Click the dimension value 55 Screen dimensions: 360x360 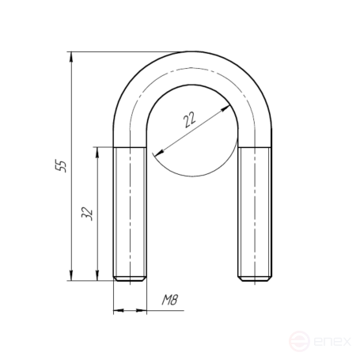click(x=61, y=165)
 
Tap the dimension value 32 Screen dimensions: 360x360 click(x=87, y=214)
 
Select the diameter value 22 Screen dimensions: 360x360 click(x=189, y=119)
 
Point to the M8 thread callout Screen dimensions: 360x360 click(x=170, y=300)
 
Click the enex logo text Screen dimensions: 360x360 click(x=332, y=342)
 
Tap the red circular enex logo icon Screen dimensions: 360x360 click(x=299, y=341)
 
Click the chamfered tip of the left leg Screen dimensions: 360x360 click(x=130, y=279)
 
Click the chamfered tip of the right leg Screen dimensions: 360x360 click(x=255, y=279)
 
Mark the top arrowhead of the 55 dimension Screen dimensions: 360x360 click(x=71, y=57)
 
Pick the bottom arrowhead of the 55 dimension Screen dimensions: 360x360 click(x=71, y=275)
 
